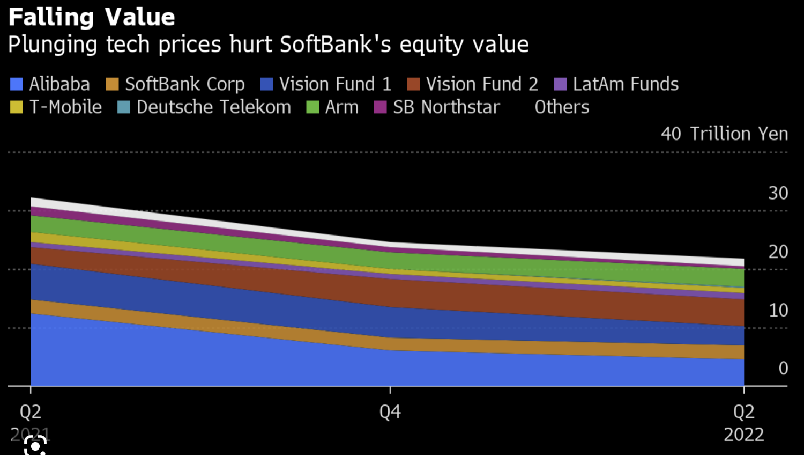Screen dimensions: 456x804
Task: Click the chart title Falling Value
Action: click(x=92, y=17)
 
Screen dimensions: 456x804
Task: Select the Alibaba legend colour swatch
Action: click(x=17, y=84)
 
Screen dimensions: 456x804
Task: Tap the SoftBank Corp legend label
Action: click(x=184, y=84)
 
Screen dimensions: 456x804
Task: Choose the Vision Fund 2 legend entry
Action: click(x=481, y=84)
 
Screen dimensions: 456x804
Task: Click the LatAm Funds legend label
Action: click(x=626, y=84)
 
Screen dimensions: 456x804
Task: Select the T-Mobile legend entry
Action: click(x=65, y=107)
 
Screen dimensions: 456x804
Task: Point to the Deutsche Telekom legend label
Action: click(x=213, y=107)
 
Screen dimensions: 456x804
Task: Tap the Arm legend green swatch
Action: click(x=312, y=107)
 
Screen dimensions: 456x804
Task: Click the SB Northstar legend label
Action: click(x=446, y=107)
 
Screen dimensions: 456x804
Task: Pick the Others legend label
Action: click(x=562, y=107)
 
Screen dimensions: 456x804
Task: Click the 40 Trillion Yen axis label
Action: click(x=724, y=134)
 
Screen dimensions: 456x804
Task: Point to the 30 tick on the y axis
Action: click(x=778, y=193)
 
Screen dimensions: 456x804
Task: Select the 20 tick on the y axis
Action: click(x=778, y=252)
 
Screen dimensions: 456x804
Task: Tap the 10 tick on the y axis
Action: click(x=778, y=310)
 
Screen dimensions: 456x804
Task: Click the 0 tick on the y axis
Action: click(x=783, y=368)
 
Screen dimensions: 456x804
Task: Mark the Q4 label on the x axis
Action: click(x=390, y=412)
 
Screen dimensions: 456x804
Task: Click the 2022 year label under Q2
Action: click(x=744, y=435)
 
